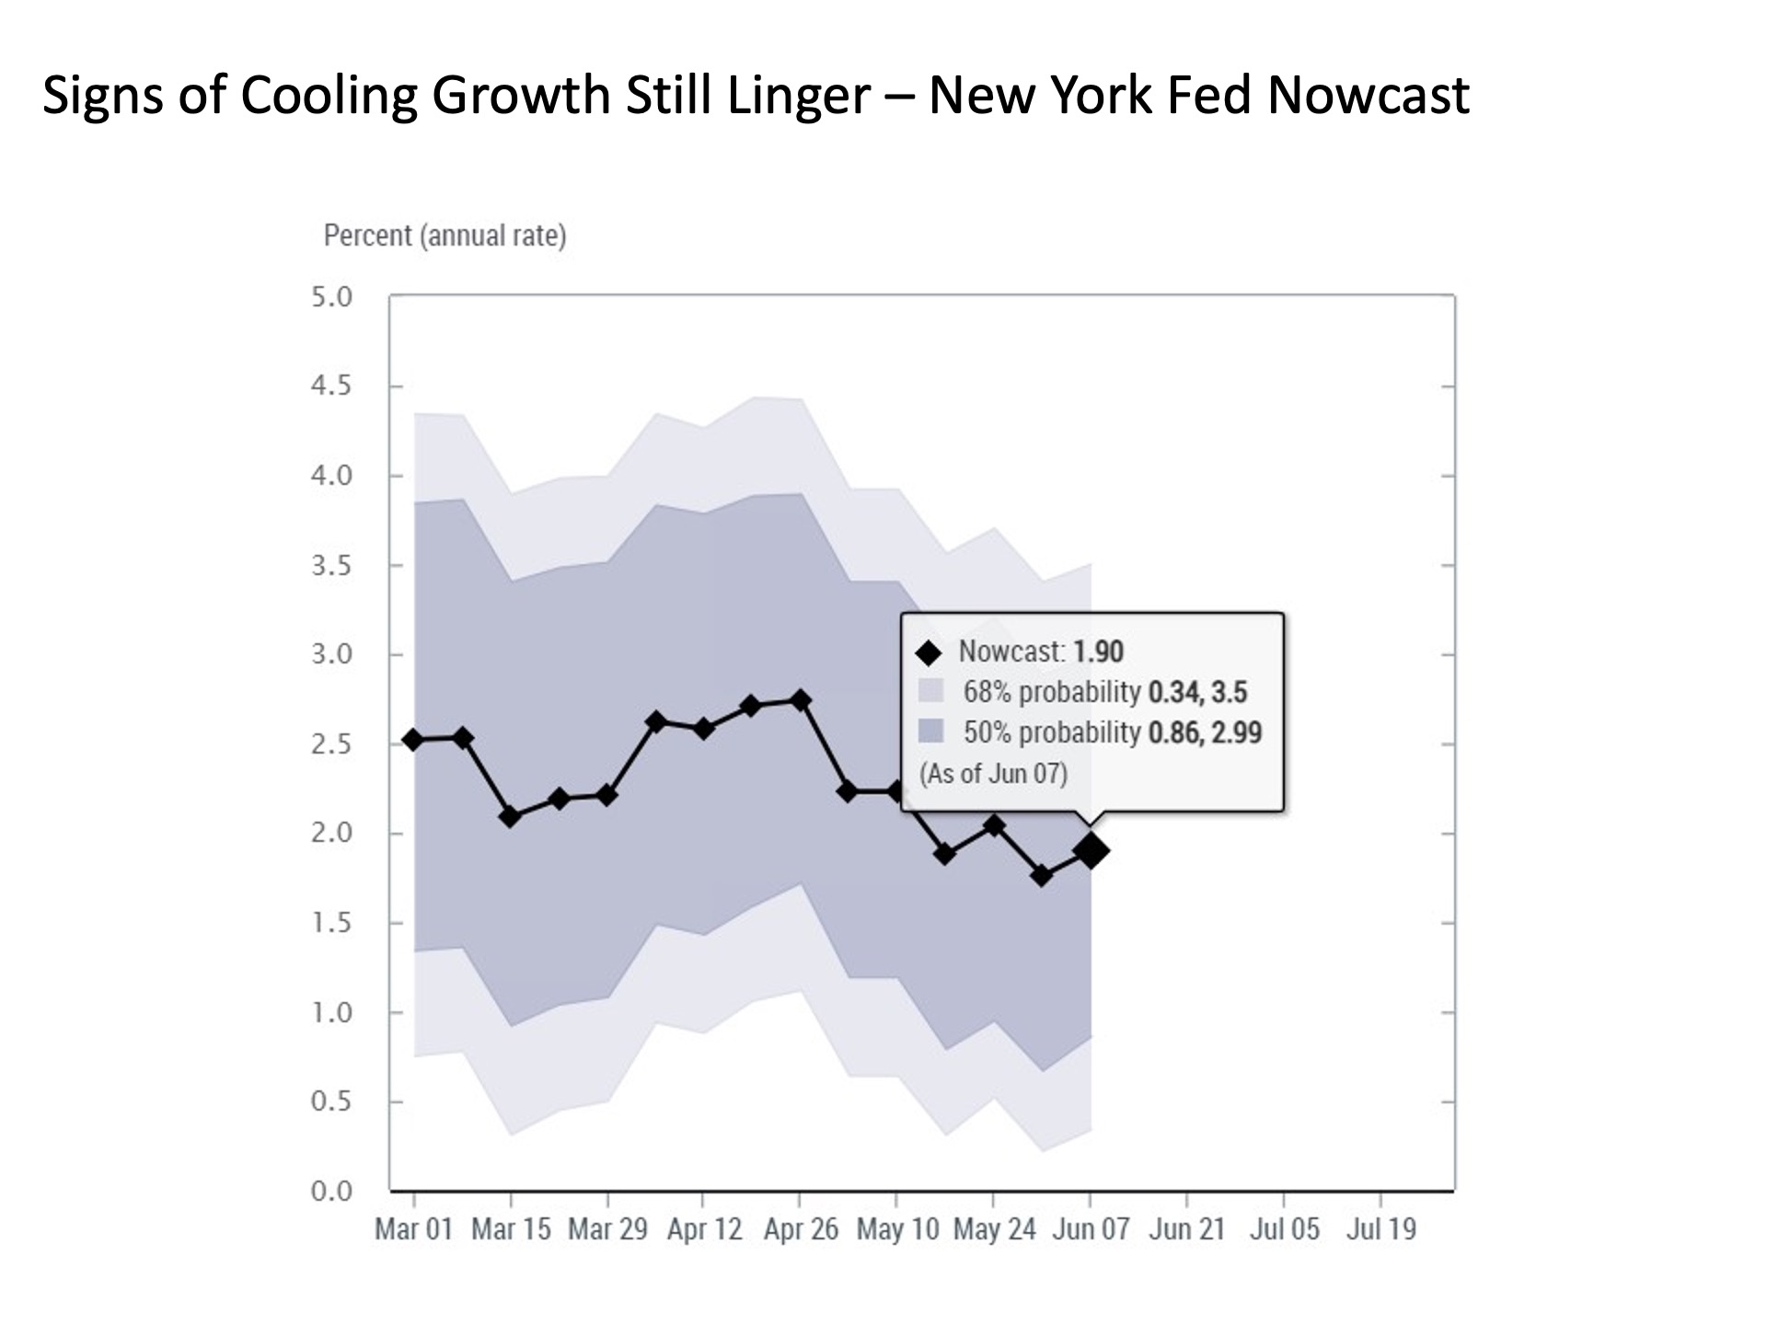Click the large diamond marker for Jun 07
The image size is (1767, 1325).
(x=1091, y=851)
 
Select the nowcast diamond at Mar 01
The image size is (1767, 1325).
(x=413, y=740)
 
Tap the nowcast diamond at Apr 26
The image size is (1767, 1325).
(x=800, y=700)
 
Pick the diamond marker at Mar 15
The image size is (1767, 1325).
(x=511, y=816)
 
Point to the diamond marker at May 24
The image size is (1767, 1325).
(x=993, y=825)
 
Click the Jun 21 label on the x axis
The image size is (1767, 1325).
(x=1186, y=1229)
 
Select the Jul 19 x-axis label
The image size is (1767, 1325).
(x=1380, y=1229)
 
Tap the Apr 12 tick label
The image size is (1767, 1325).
(x=704, y=1229)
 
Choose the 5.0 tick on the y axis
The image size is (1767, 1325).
(x=331, y=297)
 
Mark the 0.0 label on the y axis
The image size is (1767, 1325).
(x=331, y=1192)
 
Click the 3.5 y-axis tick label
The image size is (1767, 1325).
(x=331, y=566)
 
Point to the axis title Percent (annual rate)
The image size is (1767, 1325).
(x=445, y=236)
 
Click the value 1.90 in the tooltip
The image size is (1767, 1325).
(x=1098, y=651)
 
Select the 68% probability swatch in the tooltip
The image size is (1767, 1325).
(x=931, y=691)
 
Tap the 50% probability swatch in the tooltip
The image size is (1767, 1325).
(x=931, y=732)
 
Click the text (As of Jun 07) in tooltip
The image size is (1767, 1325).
(x=993, y=773)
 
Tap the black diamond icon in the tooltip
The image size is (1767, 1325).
(x=929, y=652)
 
